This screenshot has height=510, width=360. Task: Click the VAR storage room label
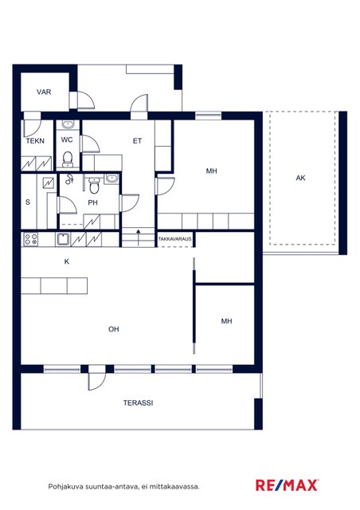click(x=44, y=92)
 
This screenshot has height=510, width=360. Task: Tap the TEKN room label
click(x=35, y=141)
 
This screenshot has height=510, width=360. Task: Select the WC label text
click(x=67, y=140)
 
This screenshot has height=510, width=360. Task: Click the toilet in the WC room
click(x=68, y=159)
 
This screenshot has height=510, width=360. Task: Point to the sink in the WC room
click(x=68, y=124)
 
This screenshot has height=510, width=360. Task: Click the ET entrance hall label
click(x=137, y=141)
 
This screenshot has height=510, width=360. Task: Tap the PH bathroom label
click(x=92, y=202)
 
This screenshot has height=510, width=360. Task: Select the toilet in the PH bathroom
click(x=94, y=185)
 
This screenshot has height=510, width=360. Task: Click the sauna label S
click(x=28, y=202)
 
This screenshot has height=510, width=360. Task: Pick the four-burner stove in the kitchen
click(x=31, y=239)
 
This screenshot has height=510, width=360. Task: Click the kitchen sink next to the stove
click(x=63, y=239)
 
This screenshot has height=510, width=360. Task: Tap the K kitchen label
click(x=67, y=261)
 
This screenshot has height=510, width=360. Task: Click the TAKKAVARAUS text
click(x=175, y=239)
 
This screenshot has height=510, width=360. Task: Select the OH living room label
click(x=114, y=329)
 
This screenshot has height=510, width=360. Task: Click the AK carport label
click(x=300, y=178)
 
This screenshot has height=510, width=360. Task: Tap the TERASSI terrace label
click(x=139, y=402)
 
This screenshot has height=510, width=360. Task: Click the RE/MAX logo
click(x=287, y=485)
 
